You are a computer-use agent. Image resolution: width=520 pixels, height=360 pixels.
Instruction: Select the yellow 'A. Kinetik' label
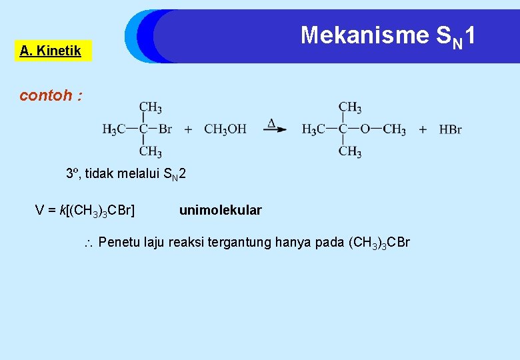click(51, 51)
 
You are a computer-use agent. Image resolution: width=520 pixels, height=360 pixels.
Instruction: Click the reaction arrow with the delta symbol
click(274, 128)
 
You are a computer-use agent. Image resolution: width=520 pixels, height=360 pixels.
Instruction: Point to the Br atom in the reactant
click(164, 129)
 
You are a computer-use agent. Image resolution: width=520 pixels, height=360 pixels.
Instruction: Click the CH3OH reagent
click(225, 129)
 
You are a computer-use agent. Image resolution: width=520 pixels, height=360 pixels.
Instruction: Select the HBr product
click(450, 129)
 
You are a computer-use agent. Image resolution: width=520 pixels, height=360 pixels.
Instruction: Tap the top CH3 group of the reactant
click(150, 107)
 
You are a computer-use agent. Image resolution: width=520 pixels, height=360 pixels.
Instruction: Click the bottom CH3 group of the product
click(350, 152)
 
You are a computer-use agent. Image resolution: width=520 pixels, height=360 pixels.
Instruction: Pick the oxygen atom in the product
click(365, 129)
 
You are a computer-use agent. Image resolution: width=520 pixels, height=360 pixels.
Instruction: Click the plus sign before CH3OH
click(188, 129)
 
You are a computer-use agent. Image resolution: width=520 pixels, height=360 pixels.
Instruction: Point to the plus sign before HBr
click(423, 129)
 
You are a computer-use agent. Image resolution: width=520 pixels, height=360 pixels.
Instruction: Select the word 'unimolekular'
click(220, 211)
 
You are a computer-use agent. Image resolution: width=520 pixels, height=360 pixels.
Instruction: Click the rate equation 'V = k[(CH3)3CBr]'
click(85, 211)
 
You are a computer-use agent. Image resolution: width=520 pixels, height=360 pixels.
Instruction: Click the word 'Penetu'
click(120, 242)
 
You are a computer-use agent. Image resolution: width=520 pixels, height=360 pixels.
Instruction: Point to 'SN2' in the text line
click(175, 175)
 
